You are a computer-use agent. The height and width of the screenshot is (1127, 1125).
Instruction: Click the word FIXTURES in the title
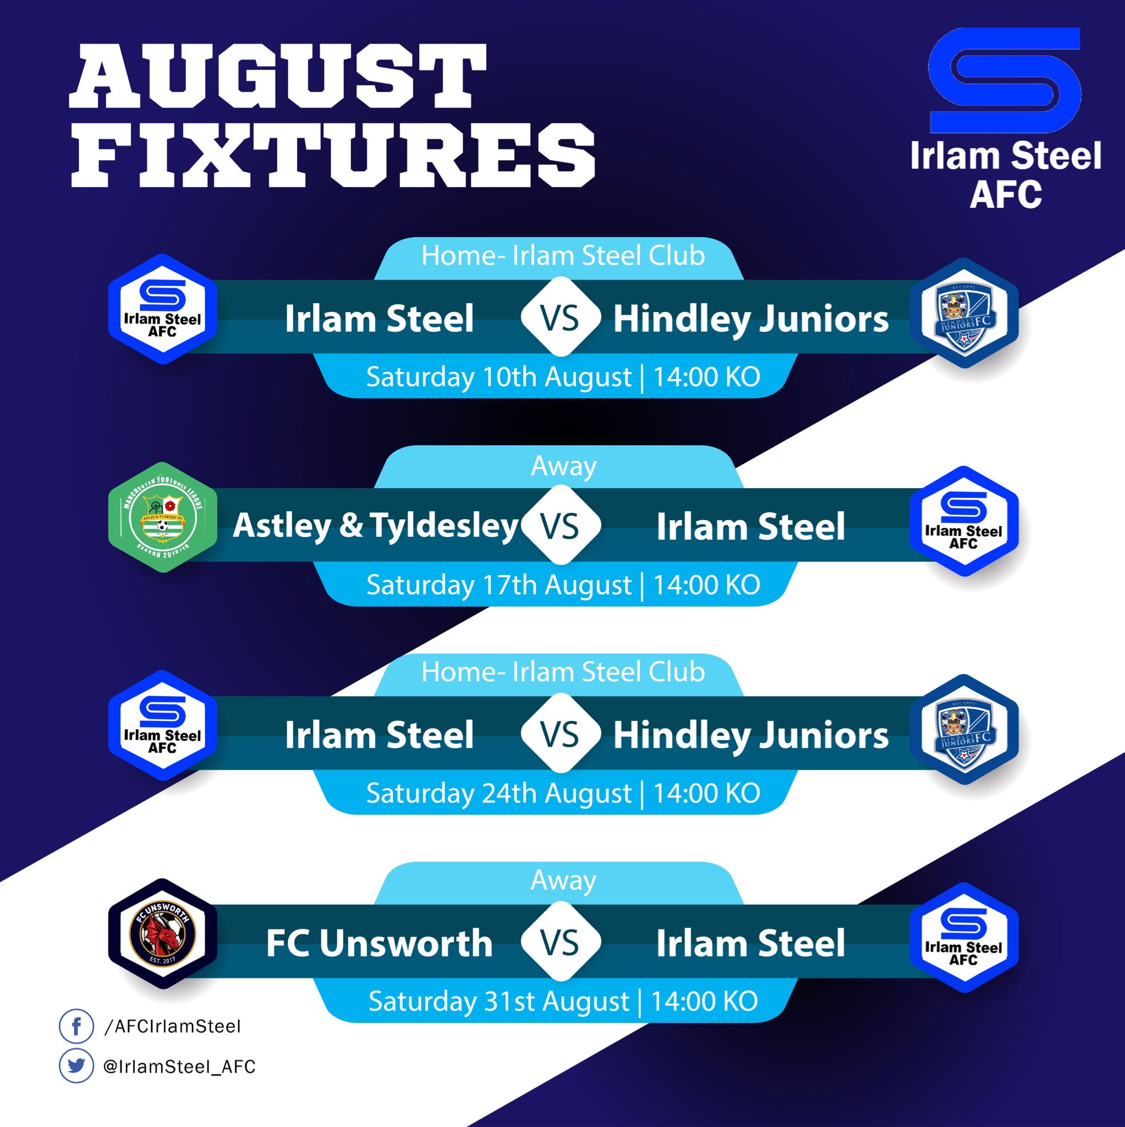(x=333, y=155)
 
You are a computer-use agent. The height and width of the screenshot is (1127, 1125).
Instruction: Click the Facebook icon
(x=76, y=1026)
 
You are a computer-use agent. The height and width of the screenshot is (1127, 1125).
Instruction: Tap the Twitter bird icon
(x=76, y=1066)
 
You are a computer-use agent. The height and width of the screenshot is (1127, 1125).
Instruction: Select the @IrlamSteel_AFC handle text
(x=179, y=1067)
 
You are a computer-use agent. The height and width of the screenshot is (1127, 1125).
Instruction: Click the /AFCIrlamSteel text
(x=172, y=1027)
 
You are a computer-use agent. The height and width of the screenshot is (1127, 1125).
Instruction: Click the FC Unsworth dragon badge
(x=163, y=934)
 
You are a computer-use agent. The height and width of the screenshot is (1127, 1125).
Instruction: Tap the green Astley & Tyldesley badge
(x=163, y=517)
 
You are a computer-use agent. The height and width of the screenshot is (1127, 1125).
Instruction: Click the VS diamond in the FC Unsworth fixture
(x=561, y=942)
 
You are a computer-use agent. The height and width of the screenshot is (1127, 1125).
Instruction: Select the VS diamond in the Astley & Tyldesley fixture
(x=561, y=525)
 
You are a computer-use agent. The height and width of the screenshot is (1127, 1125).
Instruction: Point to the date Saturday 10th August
(x=498, y=378)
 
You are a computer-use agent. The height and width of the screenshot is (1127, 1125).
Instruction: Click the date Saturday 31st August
(x=498, y=1002)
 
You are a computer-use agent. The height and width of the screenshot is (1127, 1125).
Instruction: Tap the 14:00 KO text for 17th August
(x=706, y=585)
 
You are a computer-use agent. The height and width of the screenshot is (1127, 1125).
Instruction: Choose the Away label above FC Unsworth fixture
(x=563, y=880)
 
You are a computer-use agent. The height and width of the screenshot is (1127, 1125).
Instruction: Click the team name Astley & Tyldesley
(x=375, y=526)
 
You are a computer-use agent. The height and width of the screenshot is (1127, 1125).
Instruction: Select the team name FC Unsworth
(x=379, y=943)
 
